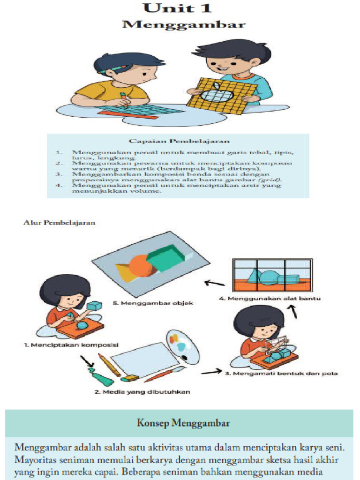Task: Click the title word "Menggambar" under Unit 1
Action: (x=183, y=25)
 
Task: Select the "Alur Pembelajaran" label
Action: (x=59, y=222)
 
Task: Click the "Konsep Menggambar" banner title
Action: (x=183, y=423)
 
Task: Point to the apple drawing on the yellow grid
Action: (x=217, y=95)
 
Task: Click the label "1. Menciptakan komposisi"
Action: (x=71, y=345)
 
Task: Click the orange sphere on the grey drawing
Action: (x=141, y=266)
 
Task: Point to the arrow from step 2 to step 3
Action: (x=211, y=372)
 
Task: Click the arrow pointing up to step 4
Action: (x=293, y=310)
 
